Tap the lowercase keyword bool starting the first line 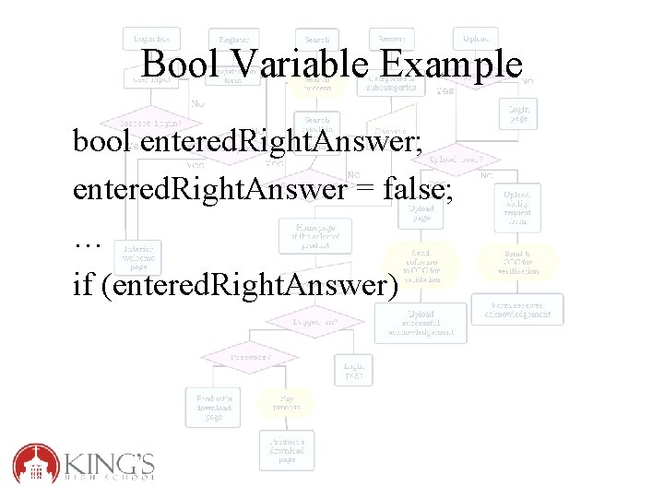104,142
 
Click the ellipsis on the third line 87,240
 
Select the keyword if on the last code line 83,286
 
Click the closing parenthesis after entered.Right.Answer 391,287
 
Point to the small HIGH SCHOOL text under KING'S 111,477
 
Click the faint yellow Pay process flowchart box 285,402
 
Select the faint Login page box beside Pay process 354,369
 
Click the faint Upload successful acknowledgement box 421,323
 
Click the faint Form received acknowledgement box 516,309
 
